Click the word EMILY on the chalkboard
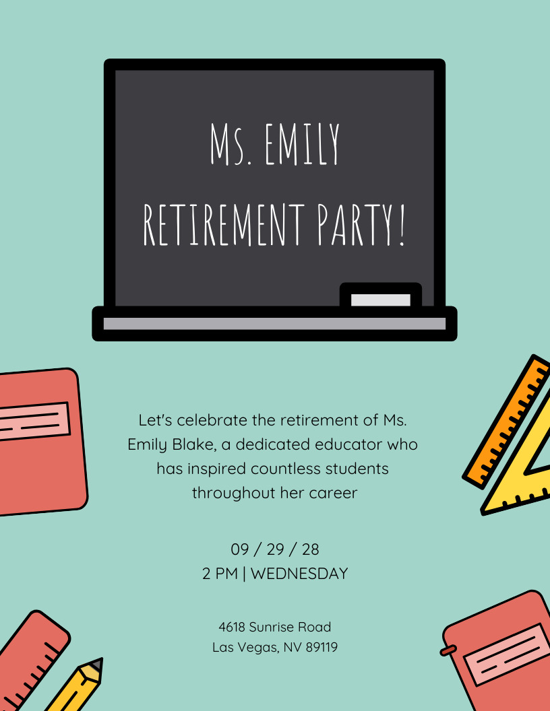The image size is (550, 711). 301,145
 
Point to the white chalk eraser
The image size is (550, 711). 381,300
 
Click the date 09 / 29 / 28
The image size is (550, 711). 275,549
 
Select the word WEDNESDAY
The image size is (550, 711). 299,574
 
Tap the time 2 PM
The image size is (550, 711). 220,574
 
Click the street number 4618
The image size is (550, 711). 232,627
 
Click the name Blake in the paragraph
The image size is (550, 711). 181,444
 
